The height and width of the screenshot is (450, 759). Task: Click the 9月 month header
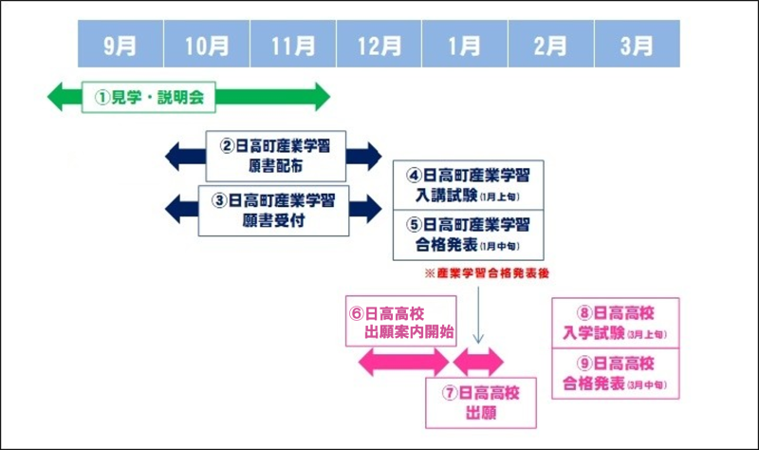(120, 45)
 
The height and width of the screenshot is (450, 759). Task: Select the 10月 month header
(207, 45)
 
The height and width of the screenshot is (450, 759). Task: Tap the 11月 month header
(293, 45)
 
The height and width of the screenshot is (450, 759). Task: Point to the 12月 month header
(379, 45)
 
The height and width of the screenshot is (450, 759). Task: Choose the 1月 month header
(465, 45)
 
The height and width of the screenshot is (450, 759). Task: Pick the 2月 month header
(551, 45)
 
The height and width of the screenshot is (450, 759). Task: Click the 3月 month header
(637, 45)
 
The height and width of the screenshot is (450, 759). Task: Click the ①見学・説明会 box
(150, 96)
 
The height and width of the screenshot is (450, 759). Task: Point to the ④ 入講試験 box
(468, 185)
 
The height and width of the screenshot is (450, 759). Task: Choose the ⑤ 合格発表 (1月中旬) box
(468, 234)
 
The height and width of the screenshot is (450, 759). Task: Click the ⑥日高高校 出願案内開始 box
(400, 322)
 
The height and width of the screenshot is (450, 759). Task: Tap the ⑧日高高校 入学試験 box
(616, 323)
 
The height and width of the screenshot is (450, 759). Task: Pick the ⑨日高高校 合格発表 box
(616, 373)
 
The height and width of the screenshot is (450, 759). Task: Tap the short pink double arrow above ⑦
(478, 361)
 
